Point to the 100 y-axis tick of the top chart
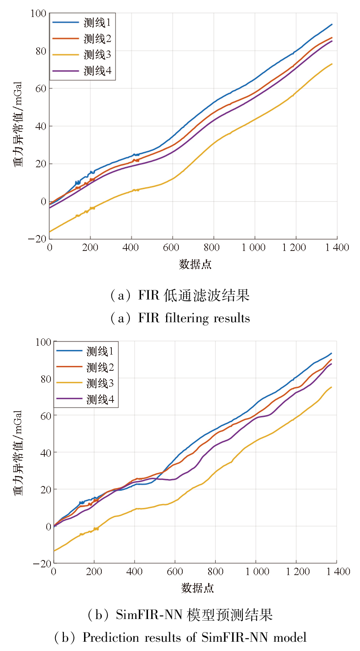tap(38, 14)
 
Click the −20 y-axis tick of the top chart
tap(37, 239)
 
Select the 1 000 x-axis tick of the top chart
tap(253, 247)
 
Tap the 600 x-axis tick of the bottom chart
tap(175, 572)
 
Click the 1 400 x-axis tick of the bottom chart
tap(338, 572)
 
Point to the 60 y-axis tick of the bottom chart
tap(45, 416)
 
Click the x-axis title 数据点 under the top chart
tap(195, 264)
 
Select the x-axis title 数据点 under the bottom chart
tap(197, 588)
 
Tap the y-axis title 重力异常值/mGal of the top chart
tap(18, 124)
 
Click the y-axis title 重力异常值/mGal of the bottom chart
tap(18, 453)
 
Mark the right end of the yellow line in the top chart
tap(332, 64)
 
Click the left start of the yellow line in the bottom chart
tap(54, 551)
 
